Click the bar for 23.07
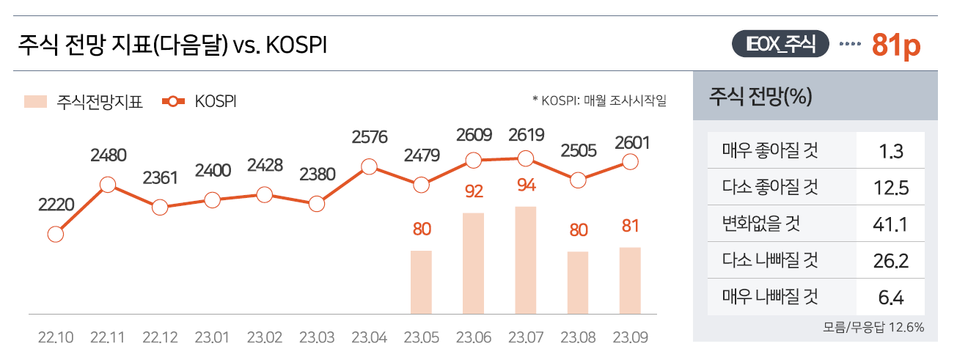tap(526, 260)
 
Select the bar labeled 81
tap(630, 280)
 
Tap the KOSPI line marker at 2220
tap(55, 235)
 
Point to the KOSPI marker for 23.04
tap(369, 167)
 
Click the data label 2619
tap(526, 135)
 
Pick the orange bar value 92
tap(474, 192)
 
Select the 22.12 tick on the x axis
tap(160, 338)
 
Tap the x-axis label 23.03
tap(317, 338)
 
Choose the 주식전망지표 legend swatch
tap(36, 101)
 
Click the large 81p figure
tap(896, 45)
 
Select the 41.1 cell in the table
tap(892, 224)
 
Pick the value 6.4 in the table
tap(892, 297)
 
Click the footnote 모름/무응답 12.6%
tap(873, 327)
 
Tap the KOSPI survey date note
tap(599, 101)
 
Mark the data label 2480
tap(109, 155)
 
